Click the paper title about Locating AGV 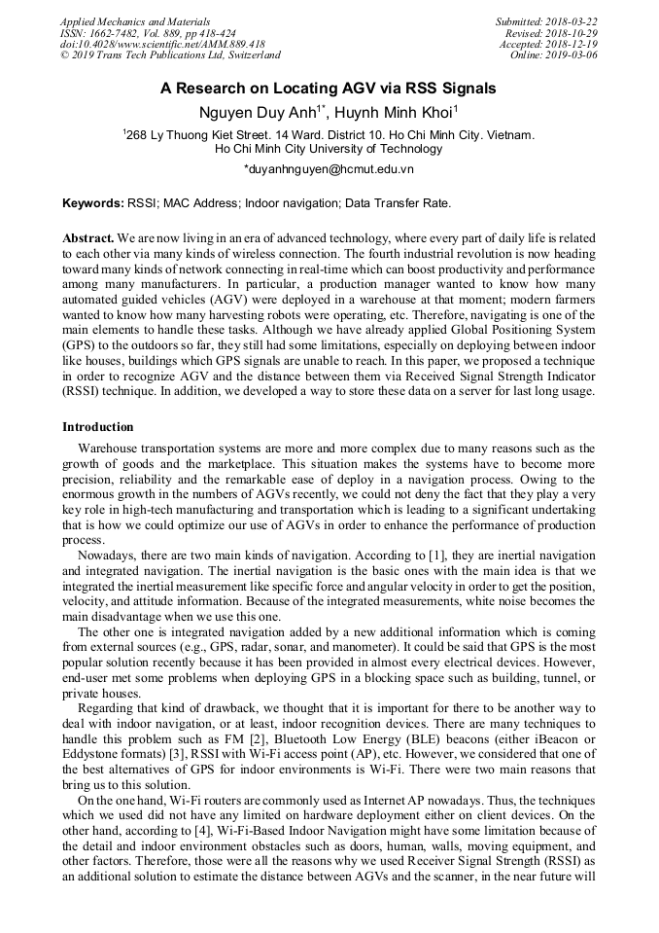[329, 89]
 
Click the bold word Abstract [87, 237]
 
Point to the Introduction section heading [98, 427]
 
